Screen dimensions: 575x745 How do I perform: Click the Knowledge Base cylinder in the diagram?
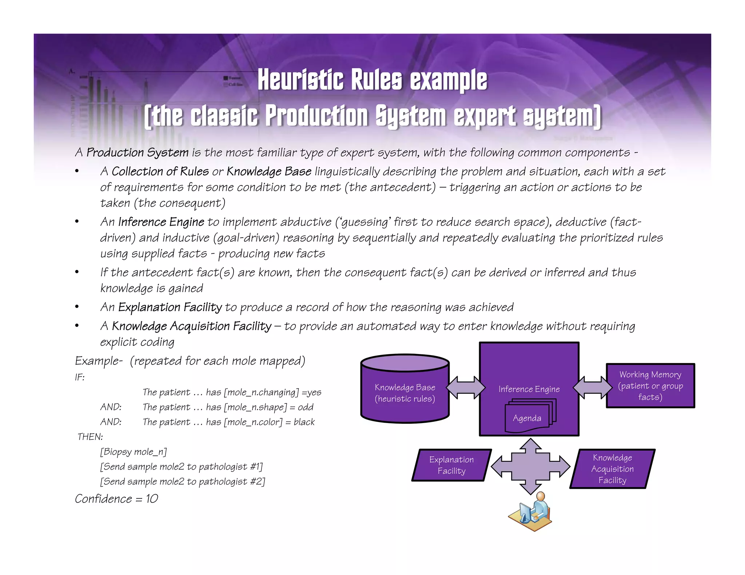405,393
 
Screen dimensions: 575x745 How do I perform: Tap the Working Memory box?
650,386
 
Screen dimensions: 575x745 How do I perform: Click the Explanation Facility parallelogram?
451,465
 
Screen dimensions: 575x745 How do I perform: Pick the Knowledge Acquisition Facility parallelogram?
612,469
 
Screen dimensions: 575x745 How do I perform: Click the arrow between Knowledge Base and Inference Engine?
465,387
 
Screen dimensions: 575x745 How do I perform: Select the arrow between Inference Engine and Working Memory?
593,387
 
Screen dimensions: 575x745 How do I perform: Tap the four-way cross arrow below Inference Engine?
530,466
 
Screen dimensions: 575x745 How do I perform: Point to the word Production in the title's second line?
316,116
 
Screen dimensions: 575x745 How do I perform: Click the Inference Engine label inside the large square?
529,389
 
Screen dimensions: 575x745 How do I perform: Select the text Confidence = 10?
116,499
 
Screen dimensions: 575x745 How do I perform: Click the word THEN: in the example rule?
90,437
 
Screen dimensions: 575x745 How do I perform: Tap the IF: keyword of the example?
80,377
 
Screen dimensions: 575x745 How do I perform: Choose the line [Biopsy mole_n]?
134,452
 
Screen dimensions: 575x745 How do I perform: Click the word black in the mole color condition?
304,422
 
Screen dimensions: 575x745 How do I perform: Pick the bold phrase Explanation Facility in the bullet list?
170,307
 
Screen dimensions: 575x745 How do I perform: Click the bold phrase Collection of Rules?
160,172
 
